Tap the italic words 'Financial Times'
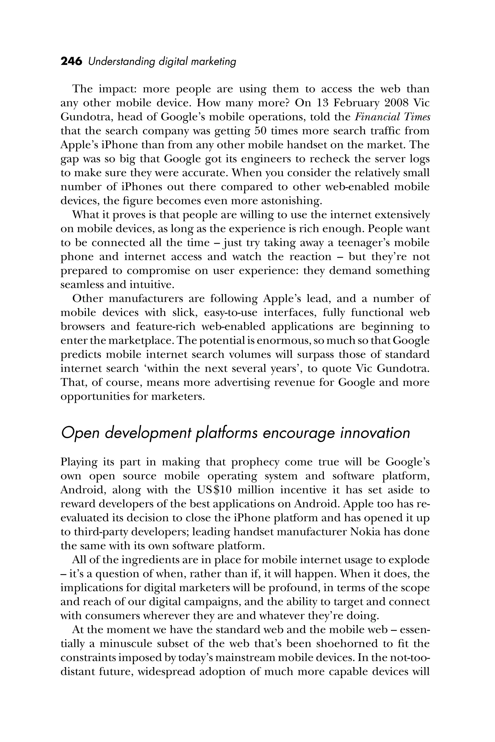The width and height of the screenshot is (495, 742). point(393,117)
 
